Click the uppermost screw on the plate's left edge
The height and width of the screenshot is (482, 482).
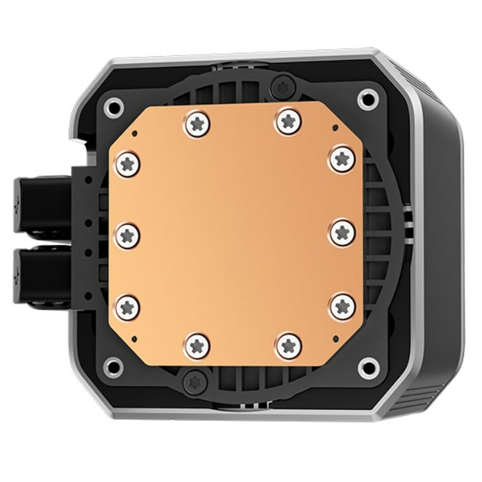[129, 164]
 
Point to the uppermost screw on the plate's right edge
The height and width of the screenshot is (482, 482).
[341, 158]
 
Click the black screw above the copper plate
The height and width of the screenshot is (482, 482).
[280, 86]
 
